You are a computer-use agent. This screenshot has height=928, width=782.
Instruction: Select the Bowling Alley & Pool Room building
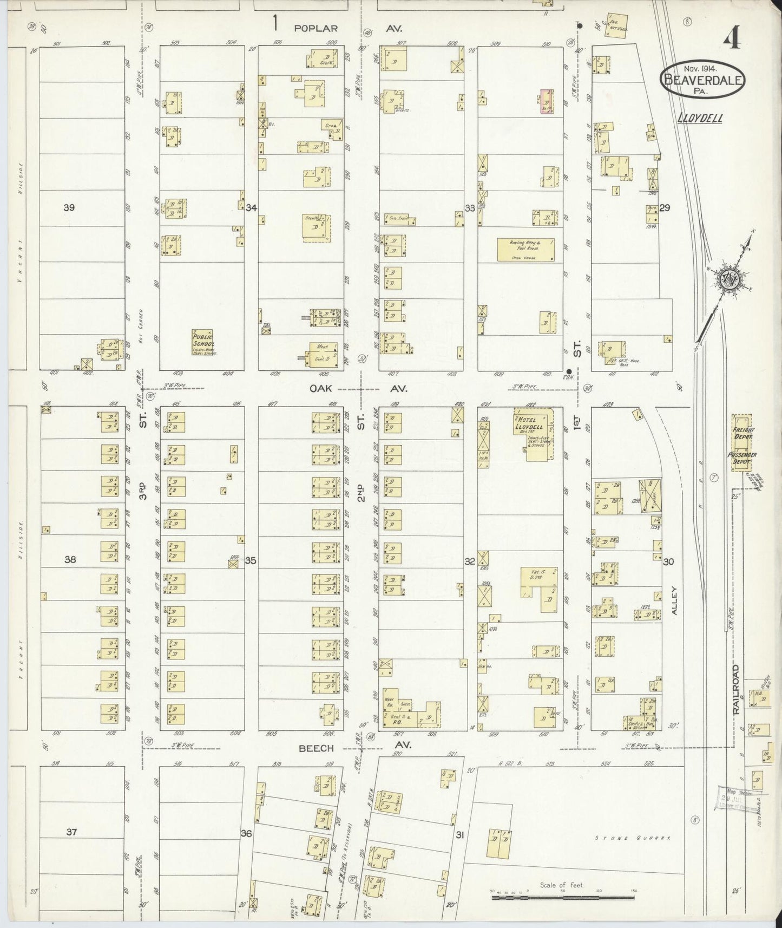pyautogui.click(x=525, y=250)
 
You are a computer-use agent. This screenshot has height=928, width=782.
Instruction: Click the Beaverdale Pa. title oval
pyautogui.click(x=702, y=80)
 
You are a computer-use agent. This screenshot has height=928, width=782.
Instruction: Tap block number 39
pyautogui.click(x=69, y=207)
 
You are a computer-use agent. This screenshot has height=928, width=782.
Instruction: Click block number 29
pyautogui.click(x=665, y=207)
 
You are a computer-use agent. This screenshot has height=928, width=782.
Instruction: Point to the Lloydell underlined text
pyautogui.click(x=700, y=118)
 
